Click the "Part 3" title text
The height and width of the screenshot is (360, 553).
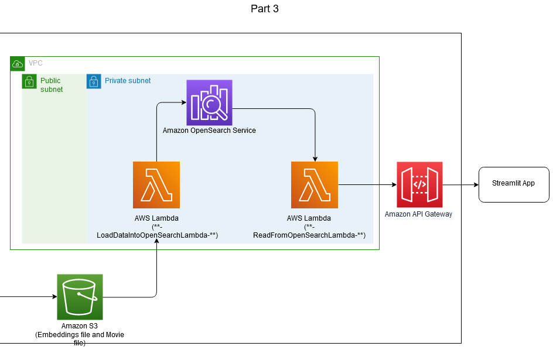coord(265,9)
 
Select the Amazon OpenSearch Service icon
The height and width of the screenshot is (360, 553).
coord(209,102)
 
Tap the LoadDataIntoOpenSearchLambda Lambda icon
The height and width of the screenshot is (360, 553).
coord(156,185)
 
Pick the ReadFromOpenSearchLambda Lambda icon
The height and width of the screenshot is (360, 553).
coord(315,185)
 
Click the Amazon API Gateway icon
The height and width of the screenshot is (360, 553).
coord(419,184)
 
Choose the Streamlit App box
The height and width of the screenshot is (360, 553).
coord(514,184)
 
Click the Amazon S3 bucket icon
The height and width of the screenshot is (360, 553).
coord(80,297)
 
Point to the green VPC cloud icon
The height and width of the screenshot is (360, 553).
coord(18,64)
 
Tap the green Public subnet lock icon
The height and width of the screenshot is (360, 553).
coord(29,82)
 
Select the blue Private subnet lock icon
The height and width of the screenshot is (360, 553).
coord(94,82)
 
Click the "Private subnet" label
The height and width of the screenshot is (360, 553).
coord(128,81)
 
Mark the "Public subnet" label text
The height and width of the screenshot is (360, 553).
coord(52,85)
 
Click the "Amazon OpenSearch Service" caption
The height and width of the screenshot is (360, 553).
coord(209,131)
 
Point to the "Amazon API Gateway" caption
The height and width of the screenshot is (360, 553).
coord(418,214)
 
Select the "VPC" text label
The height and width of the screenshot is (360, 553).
coord(36,63)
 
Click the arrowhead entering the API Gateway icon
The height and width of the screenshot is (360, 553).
coord(394,184)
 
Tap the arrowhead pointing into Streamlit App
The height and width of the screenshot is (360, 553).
coord(476,184)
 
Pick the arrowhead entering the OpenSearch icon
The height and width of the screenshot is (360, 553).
coord(184,102)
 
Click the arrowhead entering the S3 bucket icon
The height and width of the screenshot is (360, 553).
coord(54,297)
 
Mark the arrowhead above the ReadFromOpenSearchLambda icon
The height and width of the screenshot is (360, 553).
coord(315,159)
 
